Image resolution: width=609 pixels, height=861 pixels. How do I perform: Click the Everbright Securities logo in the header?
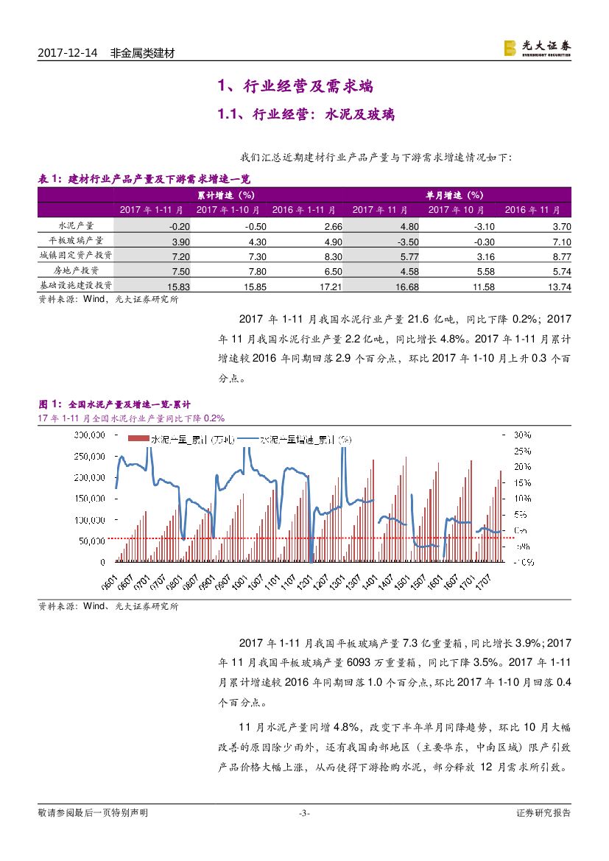(x=536, y=48)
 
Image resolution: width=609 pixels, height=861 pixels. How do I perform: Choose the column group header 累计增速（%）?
(x=225, y=195)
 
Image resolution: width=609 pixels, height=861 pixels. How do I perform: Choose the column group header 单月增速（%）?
(x=454, y=195)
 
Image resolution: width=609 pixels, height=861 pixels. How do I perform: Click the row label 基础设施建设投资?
(x=76, y=285)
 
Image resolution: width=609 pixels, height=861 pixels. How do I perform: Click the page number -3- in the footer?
(x=304, y=813)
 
